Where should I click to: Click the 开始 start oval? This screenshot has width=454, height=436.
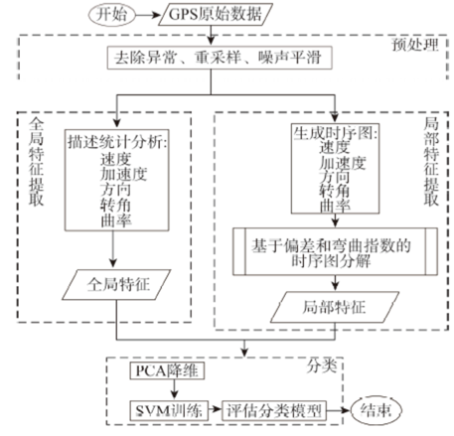tap(111, 15)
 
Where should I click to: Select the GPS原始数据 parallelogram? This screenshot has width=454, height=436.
tap(216, 14)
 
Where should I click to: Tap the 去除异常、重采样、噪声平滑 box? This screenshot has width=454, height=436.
tap(220, 58)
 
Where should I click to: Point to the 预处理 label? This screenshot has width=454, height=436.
tap(415, 45)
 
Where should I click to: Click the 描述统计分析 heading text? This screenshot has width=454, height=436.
tap(117, 142)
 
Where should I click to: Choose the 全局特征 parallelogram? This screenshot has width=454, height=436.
tap(116, 285)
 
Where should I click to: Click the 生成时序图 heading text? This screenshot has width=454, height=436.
tap(335, 133)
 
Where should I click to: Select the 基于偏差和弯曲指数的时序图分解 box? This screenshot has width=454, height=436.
tap(335, 251)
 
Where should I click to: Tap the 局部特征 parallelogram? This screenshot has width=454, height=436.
tap(335, 307)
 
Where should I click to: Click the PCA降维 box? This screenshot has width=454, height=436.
tap(167, 370)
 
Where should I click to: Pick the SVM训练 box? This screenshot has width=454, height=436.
tap(169, 411)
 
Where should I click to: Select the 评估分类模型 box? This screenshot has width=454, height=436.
tap(274, 411)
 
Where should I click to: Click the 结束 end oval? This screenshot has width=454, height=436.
tap(377, 410)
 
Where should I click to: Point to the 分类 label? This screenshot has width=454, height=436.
tap(321, 365)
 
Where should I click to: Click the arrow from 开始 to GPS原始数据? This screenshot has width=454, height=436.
tap(148, 15)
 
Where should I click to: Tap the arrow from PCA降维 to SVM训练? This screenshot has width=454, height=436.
tap(174, 390)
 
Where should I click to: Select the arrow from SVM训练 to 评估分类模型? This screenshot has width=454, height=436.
tap(215, 410)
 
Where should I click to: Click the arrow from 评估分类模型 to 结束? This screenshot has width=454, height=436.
tap(339, 410)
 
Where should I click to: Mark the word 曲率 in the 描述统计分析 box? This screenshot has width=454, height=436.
tap(116, 221)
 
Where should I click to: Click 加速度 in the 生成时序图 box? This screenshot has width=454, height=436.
tap(343, 163)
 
